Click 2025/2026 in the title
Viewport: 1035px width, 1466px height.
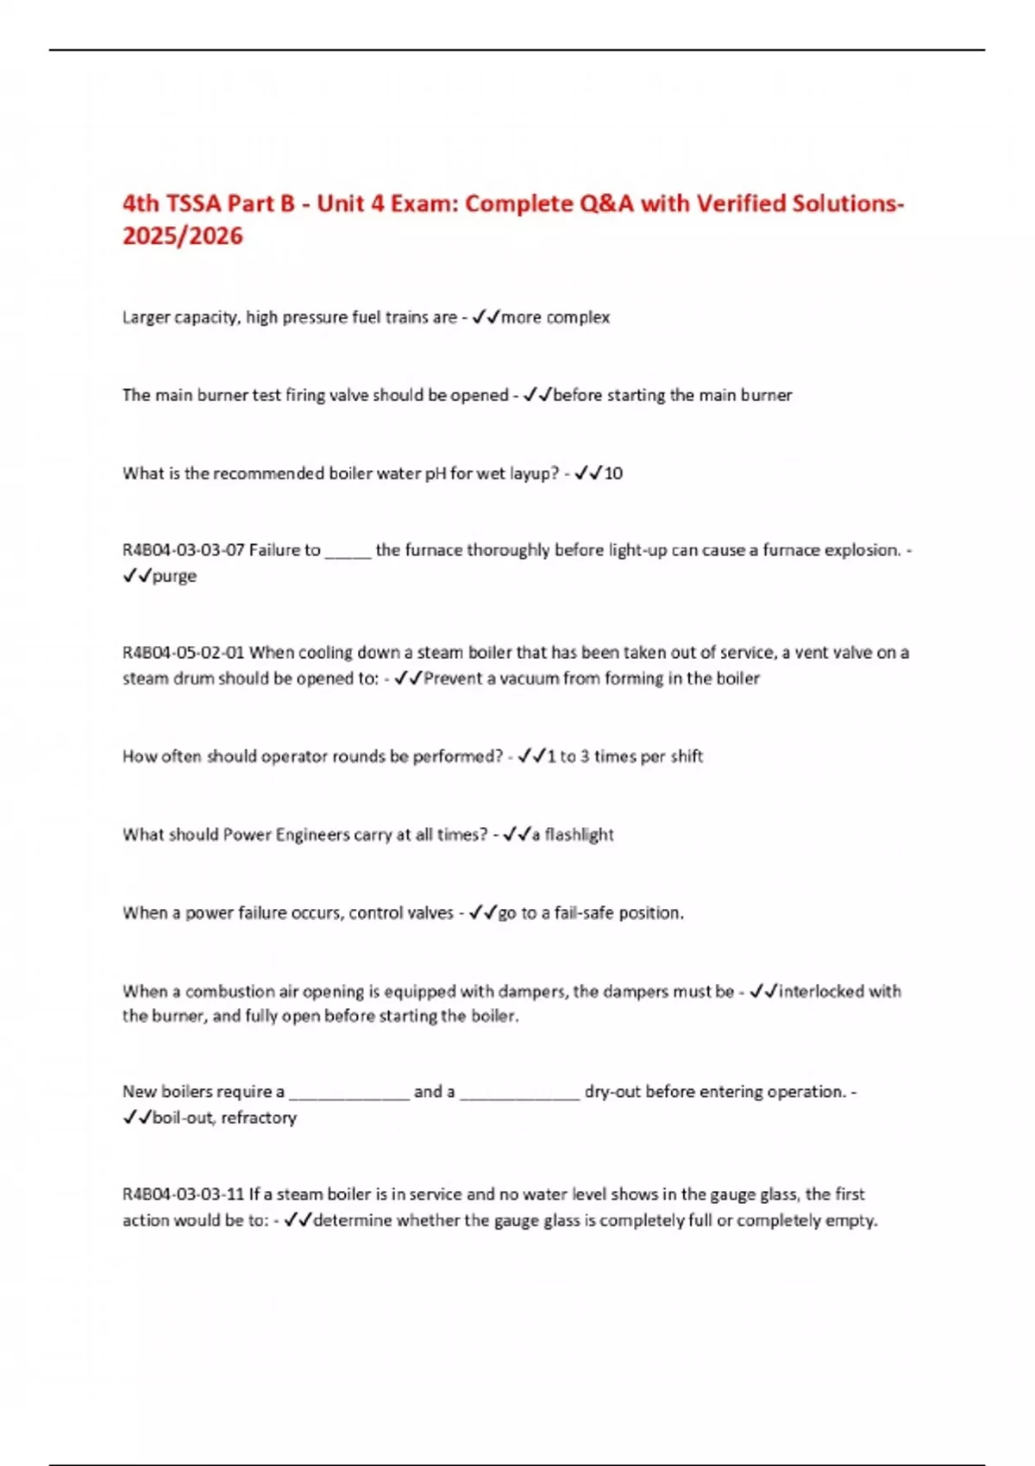coord(183,236)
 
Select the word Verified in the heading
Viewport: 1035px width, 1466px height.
coord(740,204)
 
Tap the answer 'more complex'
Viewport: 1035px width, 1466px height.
coord(555,317)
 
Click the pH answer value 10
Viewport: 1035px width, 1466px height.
coord(613,473)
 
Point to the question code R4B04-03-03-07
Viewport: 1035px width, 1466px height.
coord(184,550)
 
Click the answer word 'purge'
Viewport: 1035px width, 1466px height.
coord(174,576)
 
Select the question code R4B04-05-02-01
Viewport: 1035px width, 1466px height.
coord(184,653)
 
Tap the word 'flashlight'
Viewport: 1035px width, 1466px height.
coord(580,835)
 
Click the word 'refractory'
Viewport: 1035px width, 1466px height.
coord(259,1118)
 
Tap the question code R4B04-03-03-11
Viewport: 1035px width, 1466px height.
coord(184,1194)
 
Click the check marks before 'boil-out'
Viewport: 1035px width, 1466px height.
coord(136,1118)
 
